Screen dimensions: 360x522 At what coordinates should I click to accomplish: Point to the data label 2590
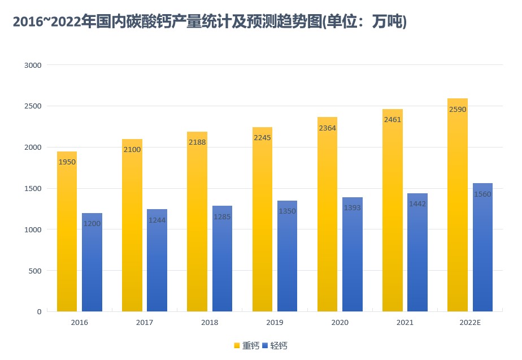pos(457,109)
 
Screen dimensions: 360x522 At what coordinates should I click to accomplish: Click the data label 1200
pos(92,224)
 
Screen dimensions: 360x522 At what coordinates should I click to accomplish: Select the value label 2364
pos(327,128)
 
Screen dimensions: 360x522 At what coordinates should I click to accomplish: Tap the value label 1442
pos(417,203)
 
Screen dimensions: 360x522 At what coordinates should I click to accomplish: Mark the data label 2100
pos(132,150)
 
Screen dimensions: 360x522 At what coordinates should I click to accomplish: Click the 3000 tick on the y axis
pos(33,65)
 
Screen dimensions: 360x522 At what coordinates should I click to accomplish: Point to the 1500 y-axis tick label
pos(33,188)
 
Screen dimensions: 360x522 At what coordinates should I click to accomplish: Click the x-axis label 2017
pos(145,322)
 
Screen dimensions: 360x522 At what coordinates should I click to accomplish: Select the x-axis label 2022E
pos(470,322)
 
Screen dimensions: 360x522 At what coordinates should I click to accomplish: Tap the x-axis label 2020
pos(340,322)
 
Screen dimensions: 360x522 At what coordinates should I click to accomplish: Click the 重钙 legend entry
pos(247,345)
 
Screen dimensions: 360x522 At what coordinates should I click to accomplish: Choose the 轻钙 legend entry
pos(275,345)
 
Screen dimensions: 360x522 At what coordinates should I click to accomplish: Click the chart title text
pos(210,23)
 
